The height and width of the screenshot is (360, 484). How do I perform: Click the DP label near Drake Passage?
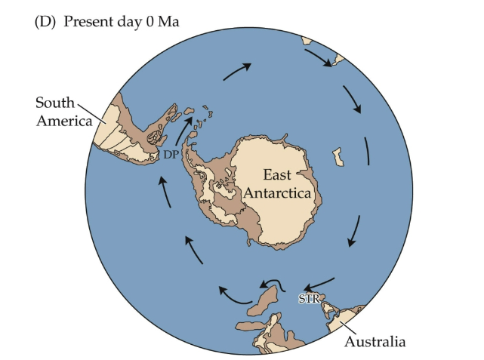coord(171,154)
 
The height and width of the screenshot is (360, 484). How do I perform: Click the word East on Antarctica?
coord(277,174)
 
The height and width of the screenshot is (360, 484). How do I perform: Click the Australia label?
coord(375,342)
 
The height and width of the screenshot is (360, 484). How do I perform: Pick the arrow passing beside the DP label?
coord(183,130)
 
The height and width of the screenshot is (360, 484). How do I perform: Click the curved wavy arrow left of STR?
coord(270,285)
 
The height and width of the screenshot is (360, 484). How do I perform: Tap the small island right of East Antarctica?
coord(339,157)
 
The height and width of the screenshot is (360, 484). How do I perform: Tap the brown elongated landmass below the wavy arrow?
coord(264,303)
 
